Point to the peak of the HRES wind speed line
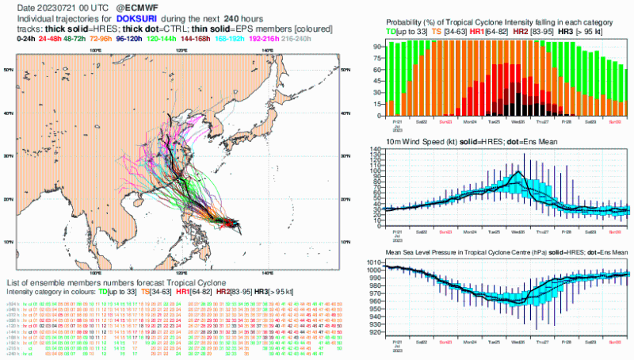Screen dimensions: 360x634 [518, 172]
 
